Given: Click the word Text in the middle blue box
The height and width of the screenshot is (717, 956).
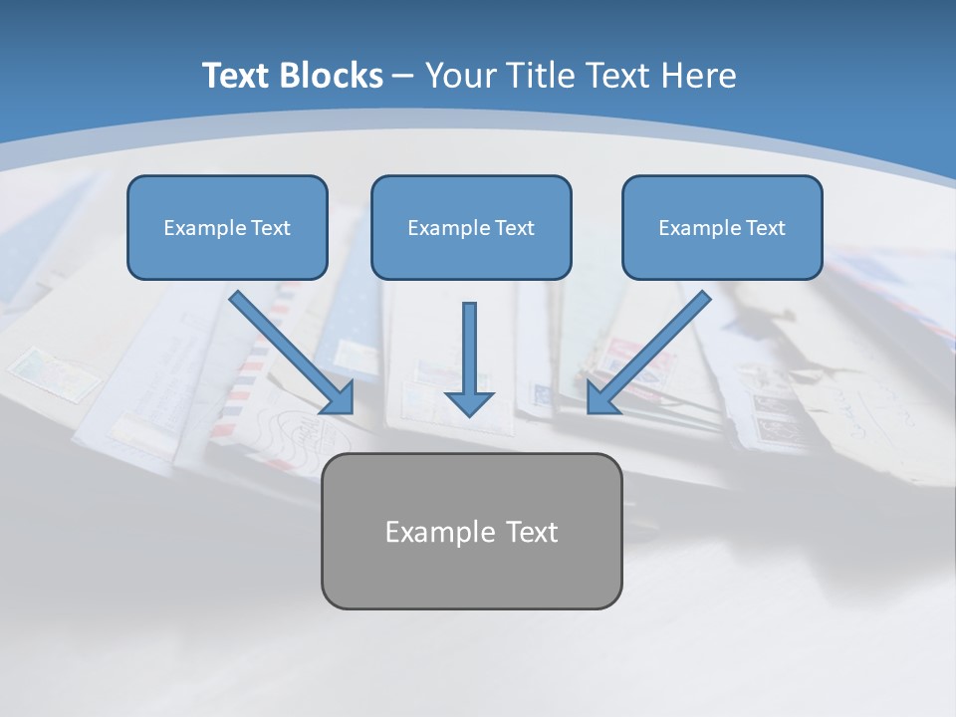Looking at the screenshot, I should coord(515,228).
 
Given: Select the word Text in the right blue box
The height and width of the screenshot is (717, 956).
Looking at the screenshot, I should coord(766,228).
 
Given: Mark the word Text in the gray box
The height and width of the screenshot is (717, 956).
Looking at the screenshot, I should coord(532,532).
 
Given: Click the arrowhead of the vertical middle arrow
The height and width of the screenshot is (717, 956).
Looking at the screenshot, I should coord(469,402).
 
